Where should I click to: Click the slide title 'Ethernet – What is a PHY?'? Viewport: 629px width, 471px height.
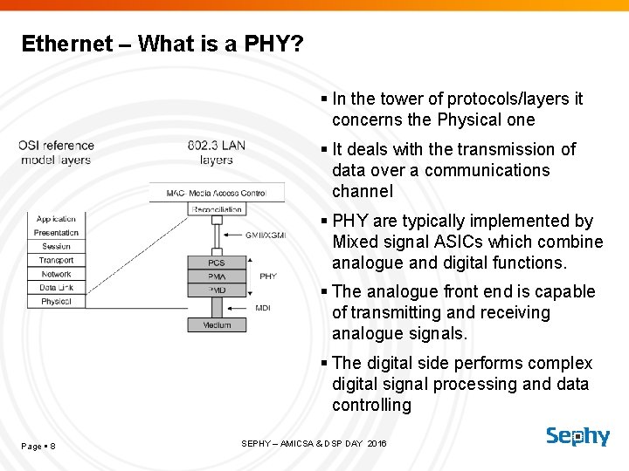pyautogui.click(x=162, y=44)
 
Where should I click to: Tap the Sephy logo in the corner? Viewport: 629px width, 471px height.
pyautogui.click(x=577, y=436)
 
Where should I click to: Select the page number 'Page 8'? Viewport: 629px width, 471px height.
pyautogui.click(x=38, y=447)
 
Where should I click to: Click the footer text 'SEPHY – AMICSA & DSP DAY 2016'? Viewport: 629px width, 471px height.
pyautogui.click(x=314, y=444)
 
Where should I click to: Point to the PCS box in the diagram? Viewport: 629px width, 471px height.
pyautogui.click(x=217, y=263)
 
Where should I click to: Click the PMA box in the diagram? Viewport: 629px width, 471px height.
pyautogui.click(x=217, y=276)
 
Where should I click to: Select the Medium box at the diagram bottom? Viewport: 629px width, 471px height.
pyautogui.click(x=217, y=325)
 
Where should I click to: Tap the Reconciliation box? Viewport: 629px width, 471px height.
pyautogui.click(x=217, y=209)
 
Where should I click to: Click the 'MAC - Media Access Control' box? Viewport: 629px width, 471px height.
pyautogui.click(x=217, y=192)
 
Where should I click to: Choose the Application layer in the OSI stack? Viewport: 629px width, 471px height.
pyautogui.click(x=57, y=219)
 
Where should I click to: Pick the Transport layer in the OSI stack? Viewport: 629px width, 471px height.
pyautogui.click(x=57, y=260)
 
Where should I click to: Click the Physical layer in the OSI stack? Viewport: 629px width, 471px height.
pyautogui.click(x=57, y=302)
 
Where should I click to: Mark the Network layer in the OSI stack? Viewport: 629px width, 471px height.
pyautogui.click(x=57, y=274)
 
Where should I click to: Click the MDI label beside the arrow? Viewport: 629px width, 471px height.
pyautogui.click(x=263, y=308)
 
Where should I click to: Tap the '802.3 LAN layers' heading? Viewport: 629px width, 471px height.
pyautogui.click(x=216, y=153)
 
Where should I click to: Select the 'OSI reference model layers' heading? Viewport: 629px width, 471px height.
pyautogui.click(x=56, y=153)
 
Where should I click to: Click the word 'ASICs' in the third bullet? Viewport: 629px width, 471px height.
pyautogui.click(x=446, y=242)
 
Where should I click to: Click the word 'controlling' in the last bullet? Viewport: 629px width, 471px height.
pyautogui.click(x=371, y=405)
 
